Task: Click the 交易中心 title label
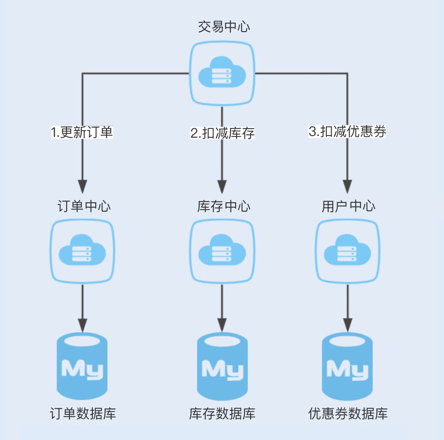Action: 224,27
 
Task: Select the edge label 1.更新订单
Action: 82,133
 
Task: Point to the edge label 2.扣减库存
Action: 222,133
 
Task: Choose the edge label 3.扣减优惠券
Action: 347,132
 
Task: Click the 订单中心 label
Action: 84,207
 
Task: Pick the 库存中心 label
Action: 224,207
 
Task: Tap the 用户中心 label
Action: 348,207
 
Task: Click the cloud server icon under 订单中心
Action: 83,252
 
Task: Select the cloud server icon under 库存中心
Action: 222,252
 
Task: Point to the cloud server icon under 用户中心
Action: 347,252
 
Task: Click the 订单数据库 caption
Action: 83,414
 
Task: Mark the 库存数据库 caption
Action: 222,414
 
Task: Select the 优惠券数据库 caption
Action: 348,414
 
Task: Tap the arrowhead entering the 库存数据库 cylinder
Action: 222,324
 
